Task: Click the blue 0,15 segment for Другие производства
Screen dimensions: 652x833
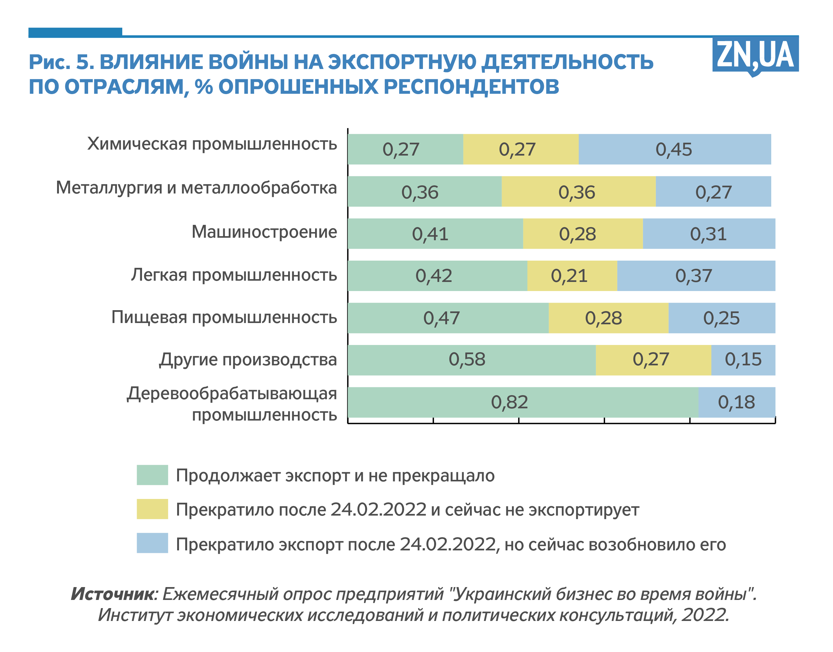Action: [743, 360]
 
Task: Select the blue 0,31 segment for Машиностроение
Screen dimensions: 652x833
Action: [709, 234]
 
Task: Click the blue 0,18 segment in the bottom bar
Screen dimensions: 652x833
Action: [736, 402]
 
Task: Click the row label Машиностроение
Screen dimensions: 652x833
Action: [264, 232]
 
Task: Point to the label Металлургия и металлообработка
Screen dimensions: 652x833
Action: [196, 188]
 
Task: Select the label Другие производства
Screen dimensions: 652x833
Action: [248, 360]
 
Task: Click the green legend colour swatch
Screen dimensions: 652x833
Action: [152, 475]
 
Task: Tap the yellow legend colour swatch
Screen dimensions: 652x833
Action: [152, 509]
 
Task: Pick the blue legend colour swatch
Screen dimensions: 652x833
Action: [152, 543]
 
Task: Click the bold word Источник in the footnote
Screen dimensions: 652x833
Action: [113, 594]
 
